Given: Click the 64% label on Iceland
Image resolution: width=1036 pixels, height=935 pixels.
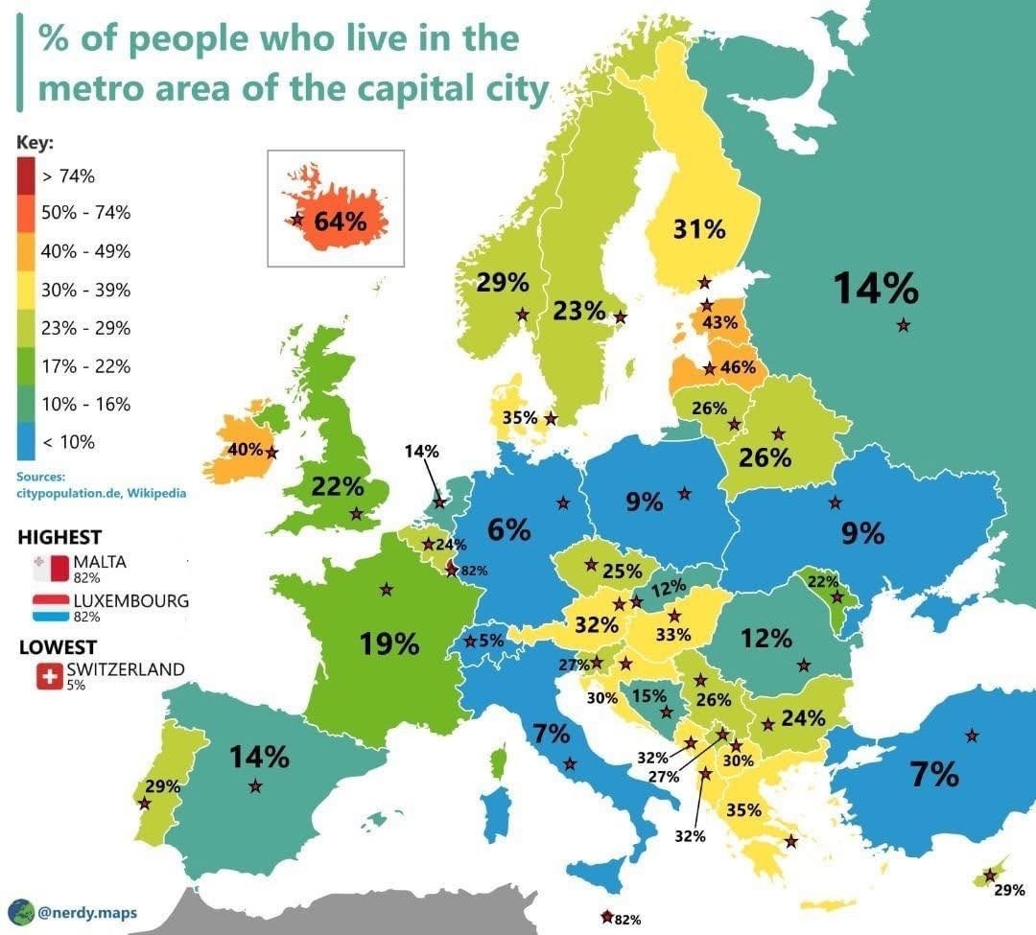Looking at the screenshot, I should tap(341, 221).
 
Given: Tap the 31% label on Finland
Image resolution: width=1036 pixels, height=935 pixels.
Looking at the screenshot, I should tap(698, 230).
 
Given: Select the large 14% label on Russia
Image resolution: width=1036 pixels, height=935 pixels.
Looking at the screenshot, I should tap(875, 288).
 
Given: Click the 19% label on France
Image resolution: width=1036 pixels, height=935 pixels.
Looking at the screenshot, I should tap(389, 643).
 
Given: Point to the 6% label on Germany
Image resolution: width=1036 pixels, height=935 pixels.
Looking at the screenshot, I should tap(508, 528).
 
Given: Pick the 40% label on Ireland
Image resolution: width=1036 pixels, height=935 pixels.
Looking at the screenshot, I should tap(245, 449).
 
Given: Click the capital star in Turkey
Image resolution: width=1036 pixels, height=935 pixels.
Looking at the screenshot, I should tap(973, 736).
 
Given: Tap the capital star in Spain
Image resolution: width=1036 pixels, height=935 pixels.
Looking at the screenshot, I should tap(255, 786).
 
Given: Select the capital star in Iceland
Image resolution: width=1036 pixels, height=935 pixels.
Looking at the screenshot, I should tap(296, 220).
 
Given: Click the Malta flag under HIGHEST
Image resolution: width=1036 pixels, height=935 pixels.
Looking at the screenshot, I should tap(50, 568).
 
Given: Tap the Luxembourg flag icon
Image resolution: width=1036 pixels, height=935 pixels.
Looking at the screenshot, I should tap(50, 606).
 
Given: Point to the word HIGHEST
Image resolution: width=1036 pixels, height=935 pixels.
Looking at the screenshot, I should tap(59, 538).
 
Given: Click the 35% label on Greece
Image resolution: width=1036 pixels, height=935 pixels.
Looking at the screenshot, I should tap(743, 810).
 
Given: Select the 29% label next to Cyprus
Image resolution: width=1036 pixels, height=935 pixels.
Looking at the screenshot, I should tap(1009, 891).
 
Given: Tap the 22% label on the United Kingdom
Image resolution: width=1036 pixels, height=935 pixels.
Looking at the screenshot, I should tap(338, 487).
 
